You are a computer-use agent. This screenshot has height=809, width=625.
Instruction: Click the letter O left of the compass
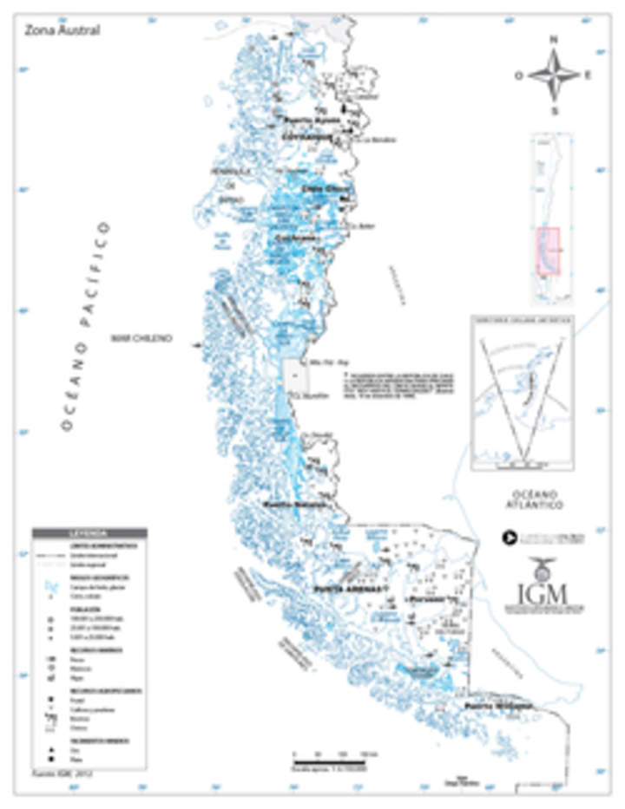click(518, 75)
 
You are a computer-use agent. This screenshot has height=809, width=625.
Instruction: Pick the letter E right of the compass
click(589, 75)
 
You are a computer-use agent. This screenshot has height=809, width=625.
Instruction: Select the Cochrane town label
click(295, 238)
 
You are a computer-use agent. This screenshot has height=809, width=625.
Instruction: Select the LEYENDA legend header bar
click(89, 532)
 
